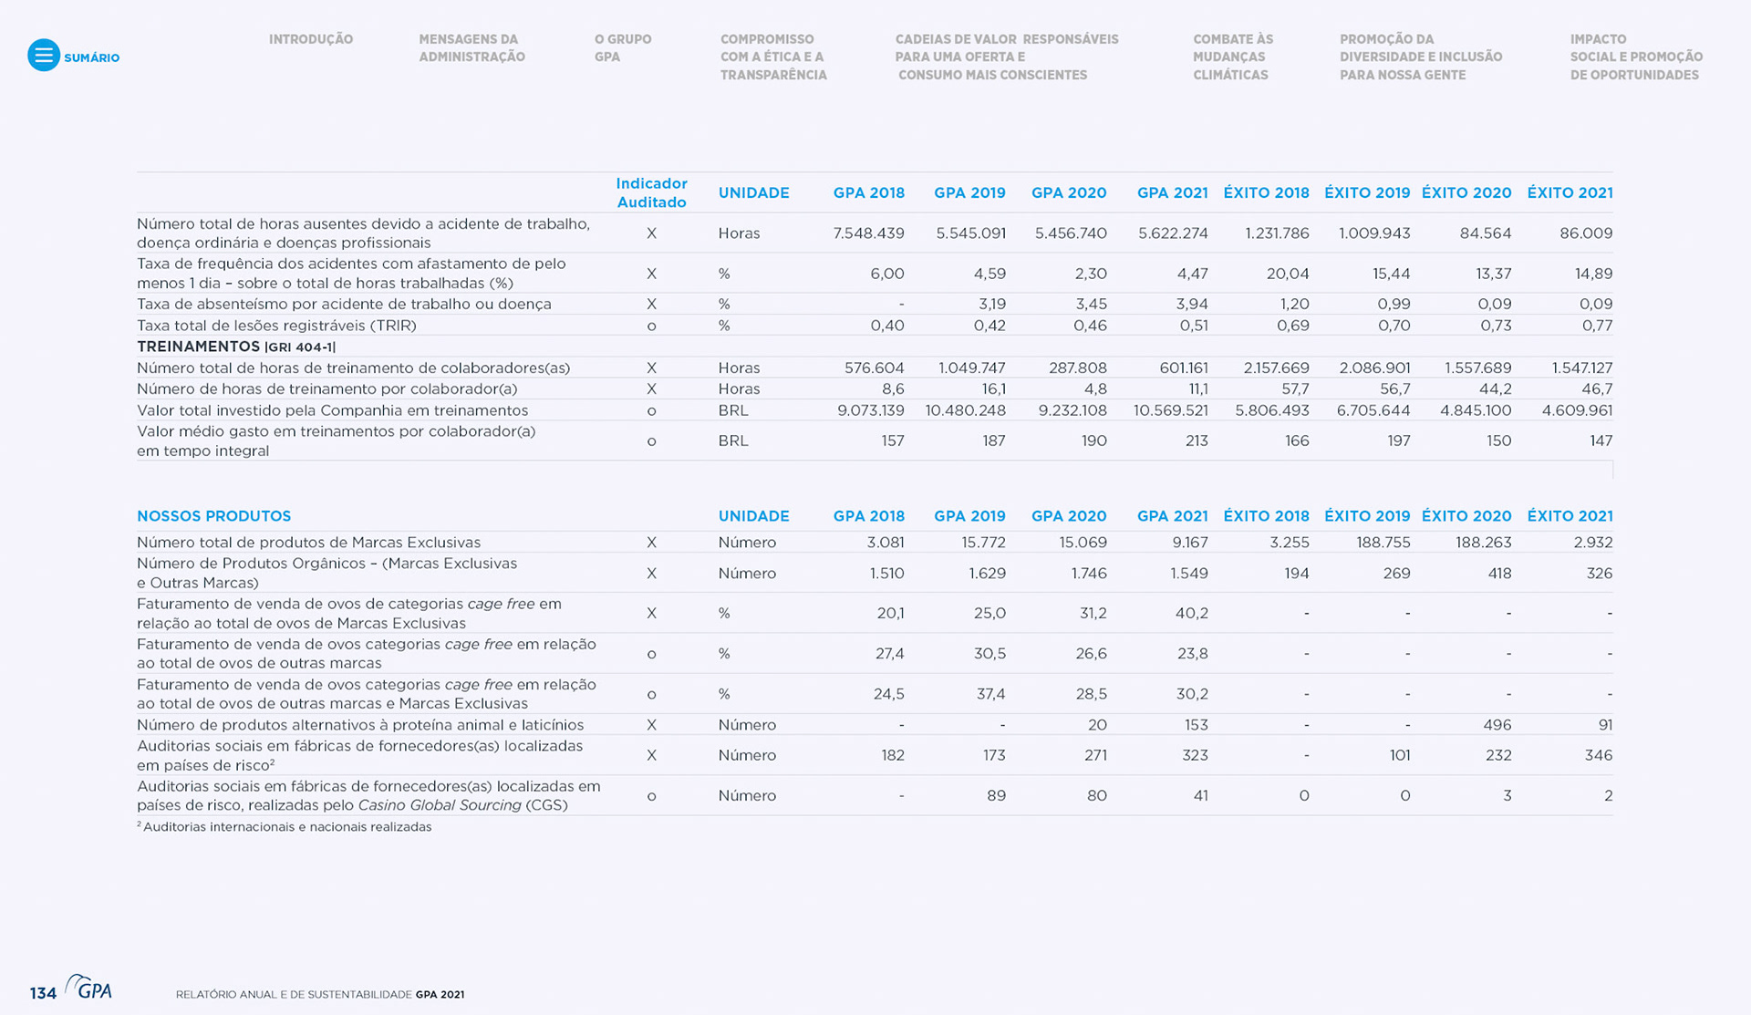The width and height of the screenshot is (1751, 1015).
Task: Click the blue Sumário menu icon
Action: click(43, 56)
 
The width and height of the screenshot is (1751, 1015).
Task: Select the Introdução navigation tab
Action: click(310, 39)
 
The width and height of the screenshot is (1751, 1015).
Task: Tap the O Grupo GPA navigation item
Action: click(622, 47)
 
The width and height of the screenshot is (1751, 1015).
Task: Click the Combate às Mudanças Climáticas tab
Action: click(1232, 57)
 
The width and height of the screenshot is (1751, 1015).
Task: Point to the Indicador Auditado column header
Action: click(651, 192)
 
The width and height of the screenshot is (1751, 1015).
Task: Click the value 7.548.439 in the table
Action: click(868, 233)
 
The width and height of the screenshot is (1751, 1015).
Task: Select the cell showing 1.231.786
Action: click(1277, 233)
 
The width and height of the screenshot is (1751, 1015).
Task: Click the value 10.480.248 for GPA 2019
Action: click(965, 410)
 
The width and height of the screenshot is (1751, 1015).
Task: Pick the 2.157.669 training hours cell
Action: click(1276, 368)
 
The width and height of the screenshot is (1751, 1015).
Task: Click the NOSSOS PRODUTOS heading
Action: click(213, 516)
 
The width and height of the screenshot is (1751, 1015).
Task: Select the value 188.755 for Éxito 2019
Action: click(1383, 543)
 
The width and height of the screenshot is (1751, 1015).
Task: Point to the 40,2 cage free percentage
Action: click(1191, 614)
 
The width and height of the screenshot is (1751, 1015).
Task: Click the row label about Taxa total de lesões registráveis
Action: click(276, 326)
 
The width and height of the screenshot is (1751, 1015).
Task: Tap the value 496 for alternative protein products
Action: click(1497, 725)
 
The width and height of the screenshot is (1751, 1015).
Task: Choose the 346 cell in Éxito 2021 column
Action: click(1598, 755)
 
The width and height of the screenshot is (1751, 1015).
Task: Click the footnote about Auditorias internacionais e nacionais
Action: click(286, 827)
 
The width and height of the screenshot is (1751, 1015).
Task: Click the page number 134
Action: click(43, 993)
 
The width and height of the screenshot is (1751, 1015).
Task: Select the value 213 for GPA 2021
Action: click(1196, 440)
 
